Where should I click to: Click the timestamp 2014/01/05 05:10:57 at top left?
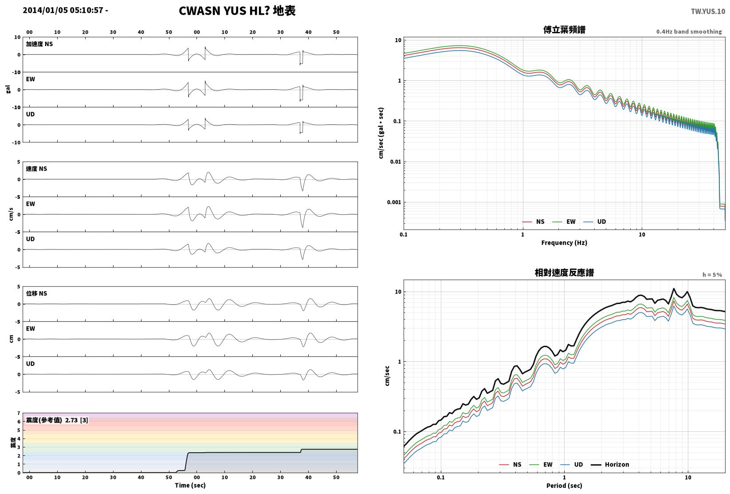(63, 10)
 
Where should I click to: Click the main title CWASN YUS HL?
(224, 11)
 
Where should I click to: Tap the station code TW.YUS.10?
(708, 12)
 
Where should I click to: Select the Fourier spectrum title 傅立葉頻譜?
(564, 30)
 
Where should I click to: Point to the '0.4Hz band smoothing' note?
(689, 32)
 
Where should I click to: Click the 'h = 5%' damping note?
(712, 275)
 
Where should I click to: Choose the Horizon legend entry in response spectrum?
(610, 464)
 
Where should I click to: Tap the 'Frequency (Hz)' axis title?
(564, 243)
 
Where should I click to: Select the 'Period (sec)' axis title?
(564, 486)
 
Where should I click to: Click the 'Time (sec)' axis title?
(190, 485)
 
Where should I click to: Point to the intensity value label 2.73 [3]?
(77, 420)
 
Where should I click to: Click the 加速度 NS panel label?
(39, 44)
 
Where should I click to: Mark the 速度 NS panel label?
(36, 169)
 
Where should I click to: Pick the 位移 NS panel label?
(36, 293)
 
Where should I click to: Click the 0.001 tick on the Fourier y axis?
(394, 202)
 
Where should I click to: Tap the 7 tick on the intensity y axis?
(19, 413)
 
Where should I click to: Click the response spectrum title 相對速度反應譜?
(564, 273)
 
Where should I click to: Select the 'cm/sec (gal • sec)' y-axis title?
(381, 133)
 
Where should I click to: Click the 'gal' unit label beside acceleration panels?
(8, 89)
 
